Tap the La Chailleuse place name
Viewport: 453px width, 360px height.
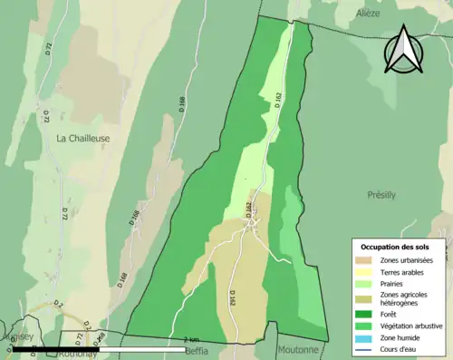84,139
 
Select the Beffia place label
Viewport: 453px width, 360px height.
197,350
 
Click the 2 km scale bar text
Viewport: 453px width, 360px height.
191,339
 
